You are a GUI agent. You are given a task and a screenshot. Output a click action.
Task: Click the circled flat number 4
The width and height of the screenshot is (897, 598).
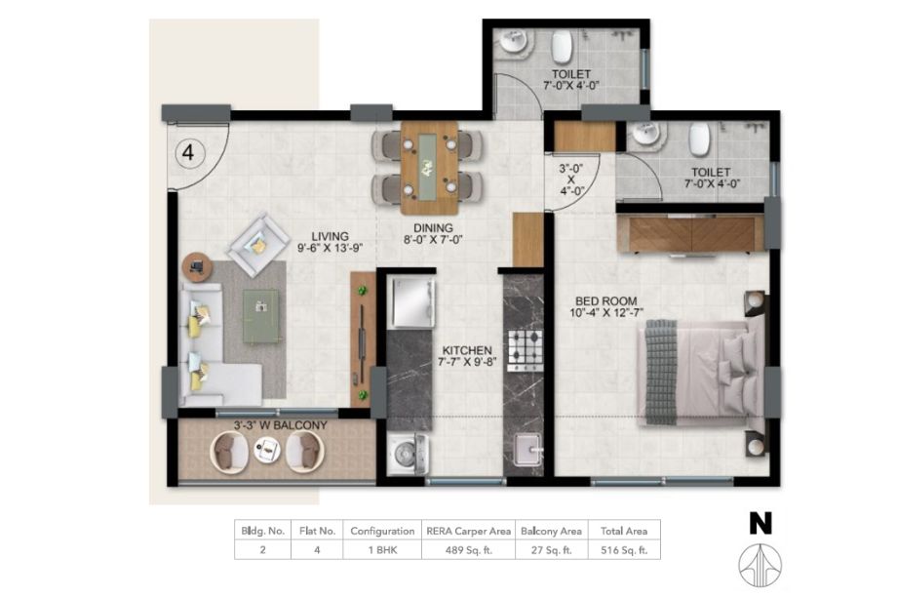(188, 153)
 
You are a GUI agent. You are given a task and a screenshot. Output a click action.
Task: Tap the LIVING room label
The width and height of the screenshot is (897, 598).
(331, 236)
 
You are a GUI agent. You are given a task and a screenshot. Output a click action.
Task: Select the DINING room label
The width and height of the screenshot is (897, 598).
(433, 227)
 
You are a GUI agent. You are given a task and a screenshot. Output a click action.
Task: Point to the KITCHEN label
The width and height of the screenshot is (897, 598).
(467, 350)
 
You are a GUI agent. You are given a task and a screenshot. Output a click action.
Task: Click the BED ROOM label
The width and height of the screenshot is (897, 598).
(605, 301)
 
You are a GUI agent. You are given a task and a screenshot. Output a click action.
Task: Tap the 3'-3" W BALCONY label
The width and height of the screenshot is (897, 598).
(281, 425)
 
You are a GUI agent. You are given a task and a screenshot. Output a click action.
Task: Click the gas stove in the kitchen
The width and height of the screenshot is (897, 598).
(526, 350)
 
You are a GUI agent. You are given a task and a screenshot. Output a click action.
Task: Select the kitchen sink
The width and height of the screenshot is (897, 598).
(526, 449)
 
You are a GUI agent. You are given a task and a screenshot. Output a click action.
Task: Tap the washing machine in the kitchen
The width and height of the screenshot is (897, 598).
(407, 454)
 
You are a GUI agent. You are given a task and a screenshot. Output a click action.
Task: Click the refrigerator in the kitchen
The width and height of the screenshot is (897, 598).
(410, 301)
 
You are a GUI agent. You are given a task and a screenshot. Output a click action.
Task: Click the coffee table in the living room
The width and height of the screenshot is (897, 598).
(262, 316)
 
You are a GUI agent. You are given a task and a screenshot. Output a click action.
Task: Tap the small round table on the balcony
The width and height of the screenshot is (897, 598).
(266, 449)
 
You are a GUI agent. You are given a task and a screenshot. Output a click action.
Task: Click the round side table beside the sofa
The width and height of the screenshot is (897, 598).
(197, 266)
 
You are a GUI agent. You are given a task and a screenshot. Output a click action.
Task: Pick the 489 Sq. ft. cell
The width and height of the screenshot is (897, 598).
(469, 550)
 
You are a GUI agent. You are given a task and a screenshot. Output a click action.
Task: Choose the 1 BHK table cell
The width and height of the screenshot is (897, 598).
(382, 550)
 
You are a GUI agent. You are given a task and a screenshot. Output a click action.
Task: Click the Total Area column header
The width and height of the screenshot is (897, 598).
(624, 531)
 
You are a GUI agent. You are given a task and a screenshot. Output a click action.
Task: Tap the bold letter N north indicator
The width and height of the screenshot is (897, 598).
(760, 523)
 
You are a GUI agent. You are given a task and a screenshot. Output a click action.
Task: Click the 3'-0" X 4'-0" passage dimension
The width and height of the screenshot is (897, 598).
(571, 179)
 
